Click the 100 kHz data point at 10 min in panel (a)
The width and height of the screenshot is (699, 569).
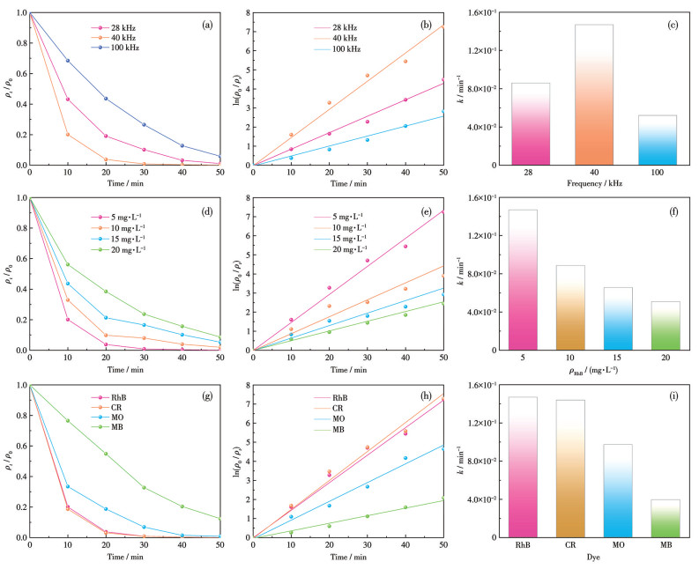pyautogui.click(x=68, y=61)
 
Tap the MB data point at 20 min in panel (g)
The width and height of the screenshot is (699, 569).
pyautogui.click(x=107, y=454)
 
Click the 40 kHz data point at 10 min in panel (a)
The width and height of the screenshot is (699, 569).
pyautogui.click(x=68, y=134)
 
